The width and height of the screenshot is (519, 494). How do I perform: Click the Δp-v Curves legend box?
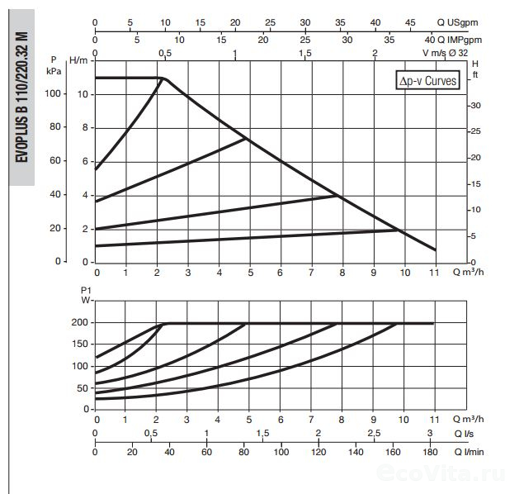pos(427,82)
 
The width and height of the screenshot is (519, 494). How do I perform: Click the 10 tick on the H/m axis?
pos(82,94)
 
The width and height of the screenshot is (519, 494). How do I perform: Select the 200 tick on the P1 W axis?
pos(80,323)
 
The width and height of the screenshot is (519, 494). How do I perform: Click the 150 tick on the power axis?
pos(80,344)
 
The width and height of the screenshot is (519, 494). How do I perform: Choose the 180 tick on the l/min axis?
pos(430,453)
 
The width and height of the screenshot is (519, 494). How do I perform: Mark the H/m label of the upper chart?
pos(79,59)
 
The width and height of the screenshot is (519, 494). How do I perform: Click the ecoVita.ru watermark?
pos(440,473)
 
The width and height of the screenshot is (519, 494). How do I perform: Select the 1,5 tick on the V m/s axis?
pos(304,53)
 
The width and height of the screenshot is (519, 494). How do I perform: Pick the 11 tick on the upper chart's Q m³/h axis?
pos(435,272)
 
